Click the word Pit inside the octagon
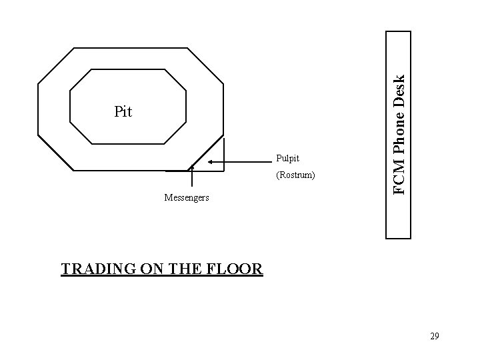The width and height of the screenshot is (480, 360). click(x=123, y=112)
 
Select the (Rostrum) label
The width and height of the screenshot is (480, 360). click(x=295, y=176)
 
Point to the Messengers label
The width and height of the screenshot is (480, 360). click(x=187, y=197)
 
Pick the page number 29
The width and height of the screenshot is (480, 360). click(x=434, y=337)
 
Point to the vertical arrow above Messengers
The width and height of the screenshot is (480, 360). click(x=192, y=177)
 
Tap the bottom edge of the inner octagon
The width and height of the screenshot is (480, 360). click(x=127, y=143)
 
